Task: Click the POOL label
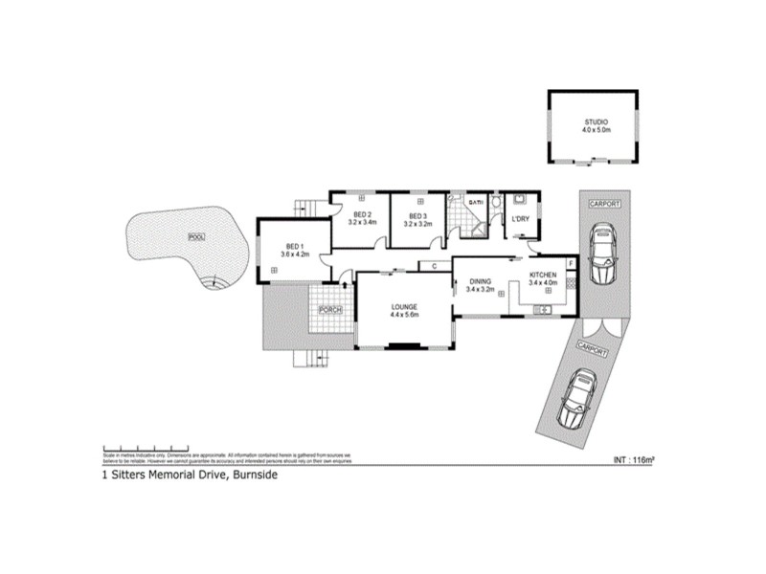197,236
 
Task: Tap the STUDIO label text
596,122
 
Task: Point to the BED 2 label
362,214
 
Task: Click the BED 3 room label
417,214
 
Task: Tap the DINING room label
480,281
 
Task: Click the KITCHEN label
543,275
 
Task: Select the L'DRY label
521,220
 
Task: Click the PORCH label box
330,309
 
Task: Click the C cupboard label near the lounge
434,266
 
